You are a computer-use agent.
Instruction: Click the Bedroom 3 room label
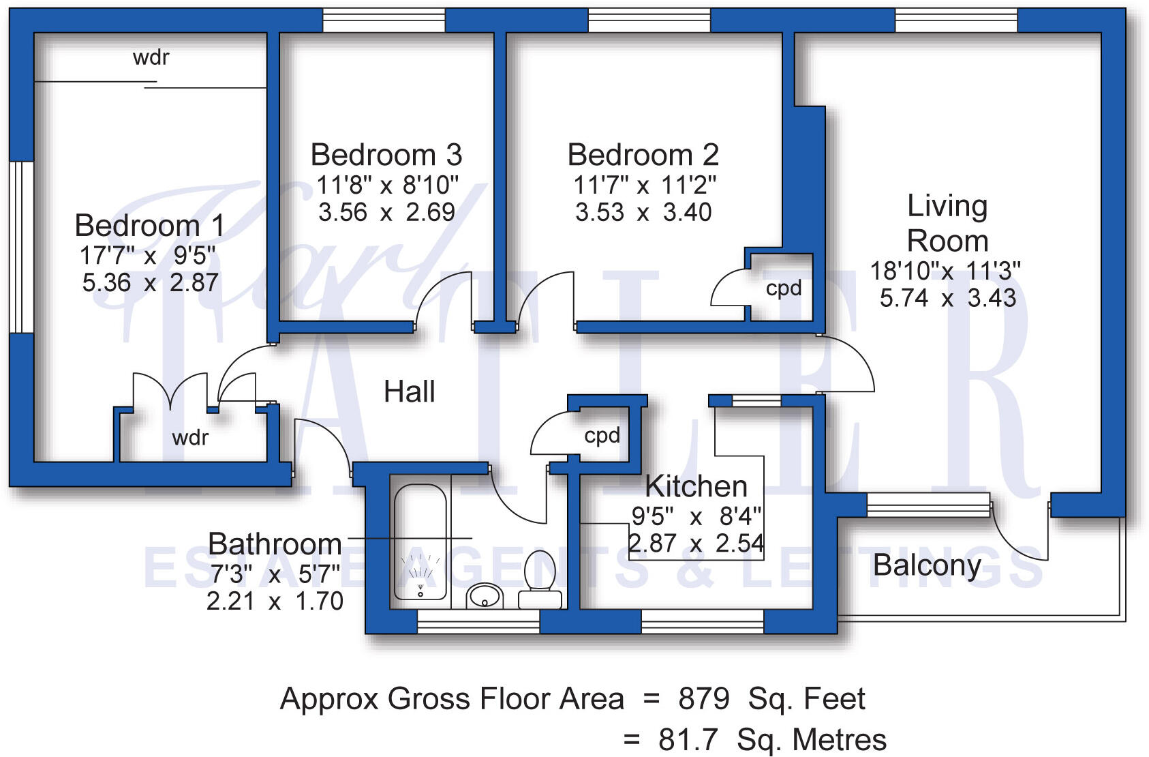[x=386, y=155]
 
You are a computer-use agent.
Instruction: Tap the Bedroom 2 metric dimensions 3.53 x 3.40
[x=643, y=212]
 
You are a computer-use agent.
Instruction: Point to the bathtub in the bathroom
[x=420, y=542]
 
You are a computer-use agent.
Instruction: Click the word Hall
[x=409, y=392]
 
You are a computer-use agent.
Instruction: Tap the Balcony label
[x=927, y=565]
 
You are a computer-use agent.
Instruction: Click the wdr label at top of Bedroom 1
[x=151, y=57]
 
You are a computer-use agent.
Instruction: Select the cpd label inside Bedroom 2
[x=784, y=288]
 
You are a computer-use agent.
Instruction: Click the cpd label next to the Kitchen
[x=602, y=435]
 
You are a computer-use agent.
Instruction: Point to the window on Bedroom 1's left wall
[x=21, y=247]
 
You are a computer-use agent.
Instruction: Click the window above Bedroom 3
[x=383, y=20]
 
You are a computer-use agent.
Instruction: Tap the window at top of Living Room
[x=955, y=20]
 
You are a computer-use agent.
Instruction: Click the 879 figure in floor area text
[x=704, y=699]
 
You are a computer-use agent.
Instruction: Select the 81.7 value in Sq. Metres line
[x=688, y=740]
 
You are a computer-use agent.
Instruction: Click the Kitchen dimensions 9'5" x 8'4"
[x=696, y=517]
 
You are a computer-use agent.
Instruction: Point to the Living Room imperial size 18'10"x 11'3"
[x=945, y=271]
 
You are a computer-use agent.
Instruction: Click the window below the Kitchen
[x=702, y=621]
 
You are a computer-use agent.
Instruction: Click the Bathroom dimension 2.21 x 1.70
[x=275, y=602]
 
